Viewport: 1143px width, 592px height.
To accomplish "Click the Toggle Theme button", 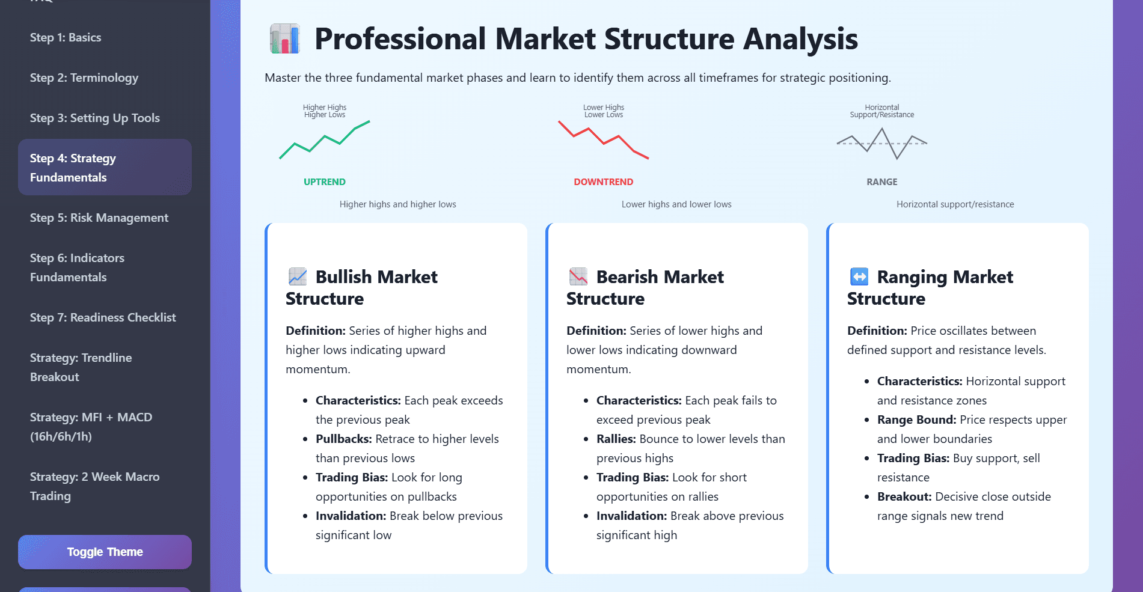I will point(105,552).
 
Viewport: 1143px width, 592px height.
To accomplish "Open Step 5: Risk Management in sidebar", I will point(99,218).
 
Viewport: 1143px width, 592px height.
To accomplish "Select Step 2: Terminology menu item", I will point(84,78).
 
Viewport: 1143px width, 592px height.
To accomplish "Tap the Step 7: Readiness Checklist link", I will point(103,317).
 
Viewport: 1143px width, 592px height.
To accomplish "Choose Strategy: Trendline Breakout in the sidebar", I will point(81,367).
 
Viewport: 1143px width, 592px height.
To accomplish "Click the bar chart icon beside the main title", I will point(284,39).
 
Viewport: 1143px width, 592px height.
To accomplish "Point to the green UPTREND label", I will point(324,182).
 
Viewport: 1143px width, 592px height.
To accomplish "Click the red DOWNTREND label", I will point(603,182).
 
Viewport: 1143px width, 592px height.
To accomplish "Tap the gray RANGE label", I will point(881,182).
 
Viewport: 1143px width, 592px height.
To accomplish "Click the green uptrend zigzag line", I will point(325,139).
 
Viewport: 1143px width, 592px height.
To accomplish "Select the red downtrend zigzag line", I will point(603,139).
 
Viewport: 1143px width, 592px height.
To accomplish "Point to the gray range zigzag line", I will point(882,143).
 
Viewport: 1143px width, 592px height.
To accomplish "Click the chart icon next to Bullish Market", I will point(298,276).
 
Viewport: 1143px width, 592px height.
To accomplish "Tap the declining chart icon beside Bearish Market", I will point(578,276).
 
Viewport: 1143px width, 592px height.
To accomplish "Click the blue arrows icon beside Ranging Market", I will point(859,276).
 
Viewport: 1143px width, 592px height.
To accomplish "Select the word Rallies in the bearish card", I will point(616,439).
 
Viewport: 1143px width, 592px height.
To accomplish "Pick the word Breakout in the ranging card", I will point(904,496).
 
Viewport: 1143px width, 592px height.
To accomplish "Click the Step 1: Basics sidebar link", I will point(66,37).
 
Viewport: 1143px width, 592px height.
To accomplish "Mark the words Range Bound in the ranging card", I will point(916,420).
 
